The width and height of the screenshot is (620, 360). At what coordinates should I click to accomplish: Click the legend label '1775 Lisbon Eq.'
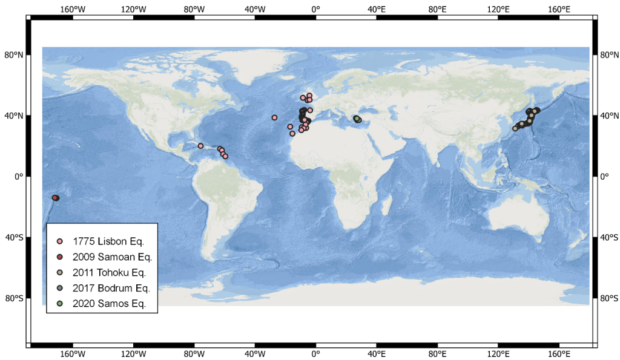(x=108, y=241)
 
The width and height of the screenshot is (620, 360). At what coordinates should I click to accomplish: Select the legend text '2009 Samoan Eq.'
(x=112, y=257)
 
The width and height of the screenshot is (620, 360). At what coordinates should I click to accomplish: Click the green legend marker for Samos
(x=59, y=303)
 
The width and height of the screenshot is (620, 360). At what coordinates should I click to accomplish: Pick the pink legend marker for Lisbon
(x=59, y=241)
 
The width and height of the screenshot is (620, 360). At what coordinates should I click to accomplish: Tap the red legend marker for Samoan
(x=59, y=257)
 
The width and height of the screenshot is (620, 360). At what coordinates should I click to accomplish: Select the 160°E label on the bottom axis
(x=559, y=354)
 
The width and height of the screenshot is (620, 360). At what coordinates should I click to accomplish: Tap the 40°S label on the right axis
(x=608, y=237)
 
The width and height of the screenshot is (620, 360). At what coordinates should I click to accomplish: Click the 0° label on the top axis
(x=315, y=9)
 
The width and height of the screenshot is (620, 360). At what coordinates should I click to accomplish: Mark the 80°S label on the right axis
(x=608, y=298)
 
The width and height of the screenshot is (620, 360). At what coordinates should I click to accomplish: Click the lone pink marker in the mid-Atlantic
(x=274, y=117)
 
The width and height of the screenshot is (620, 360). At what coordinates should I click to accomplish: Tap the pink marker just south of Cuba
(x=200, y=146)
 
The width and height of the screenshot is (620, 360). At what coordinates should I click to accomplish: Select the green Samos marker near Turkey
(x=358, y=120)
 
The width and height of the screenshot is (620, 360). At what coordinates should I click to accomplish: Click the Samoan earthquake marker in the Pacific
(x=54, y=198)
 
